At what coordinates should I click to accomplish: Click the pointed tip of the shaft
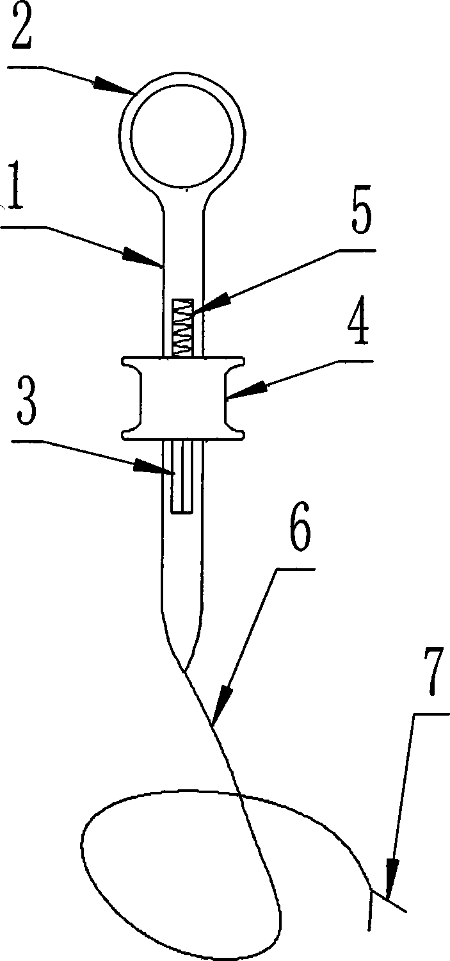tap(184, 669)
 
